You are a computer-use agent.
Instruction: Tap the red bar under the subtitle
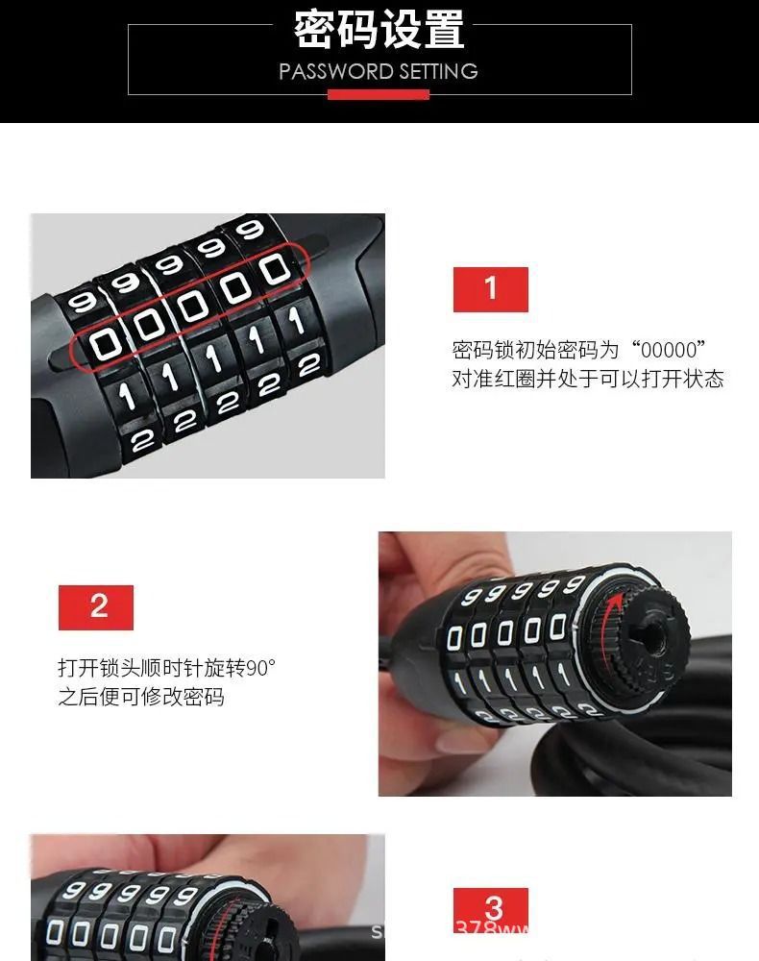pos(379,94)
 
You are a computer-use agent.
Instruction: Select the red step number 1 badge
pos(491,289)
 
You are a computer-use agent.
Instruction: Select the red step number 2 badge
pos(96,607)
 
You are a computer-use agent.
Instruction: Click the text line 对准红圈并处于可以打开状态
pos(587,379)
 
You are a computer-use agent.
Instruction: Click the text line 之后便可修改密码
pos(141,697)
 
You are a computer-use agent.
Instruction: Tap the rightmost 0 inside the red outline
pos(275,269)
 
